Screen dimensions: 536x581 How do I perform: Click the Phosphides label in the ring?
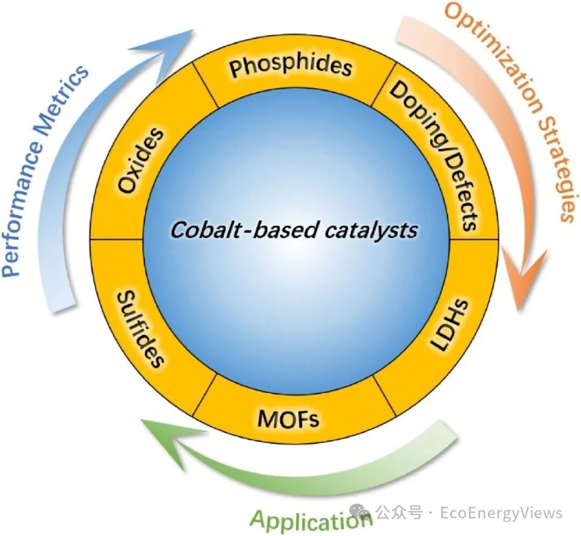pos(290,66)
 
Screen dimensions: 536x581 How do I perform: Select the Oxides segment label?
pos(141,161)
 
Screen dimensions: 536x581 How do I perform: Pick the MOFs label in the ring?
pos(288,418)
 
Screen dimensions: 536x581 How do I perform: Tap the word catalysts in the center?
pos(371,231)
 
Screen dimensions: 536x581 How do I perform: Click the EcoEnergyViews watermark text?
pos(501,512)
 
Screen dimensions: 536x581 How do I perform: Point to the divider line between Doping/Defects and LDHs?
pos(473,239)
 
